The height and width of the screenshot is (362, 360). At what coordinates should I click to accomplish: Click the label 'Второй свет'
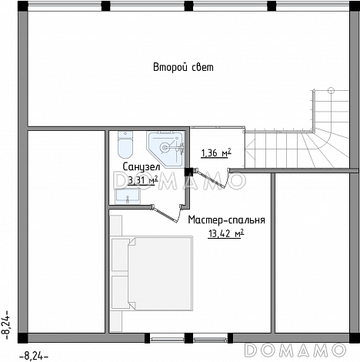click(x=183, y=67)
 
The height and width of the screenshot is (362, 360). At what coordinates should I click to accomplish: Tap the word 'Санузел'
click(x=142, y=167)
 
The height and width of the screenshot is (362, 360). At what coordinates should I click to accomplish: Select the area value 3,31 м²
click(x=142, y=181)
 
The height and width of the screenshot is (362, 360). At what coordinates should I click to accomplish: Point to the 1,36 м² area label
click(x=216, y=153)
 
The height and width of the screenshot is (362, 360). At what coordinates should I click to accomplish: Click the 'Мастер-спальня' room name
click(x=226, y=220)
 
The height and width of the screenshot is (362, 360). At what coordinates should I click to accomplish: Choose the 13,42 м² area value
click(x=225, y=234)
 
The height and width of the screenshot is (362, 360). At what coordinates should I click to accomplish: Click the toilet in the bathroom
click(x=125, y=145)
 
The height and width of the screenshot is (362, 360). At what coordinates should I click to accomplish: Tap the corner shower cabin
click(x=165, y=149)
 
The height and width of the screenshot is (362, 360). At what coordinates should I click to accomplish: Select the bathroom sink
click(x=128, y=196)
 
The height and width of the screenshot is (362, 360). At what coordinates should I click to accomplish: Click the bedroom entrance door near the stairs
click(x=212, y=178)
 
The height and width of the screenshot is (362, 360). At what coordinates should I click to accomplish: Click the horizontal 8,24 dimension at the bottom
click(x=34, y=356)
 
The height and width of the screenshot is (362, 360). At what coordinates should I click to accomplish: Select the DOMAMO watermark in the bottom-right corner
click(x=295, y=350)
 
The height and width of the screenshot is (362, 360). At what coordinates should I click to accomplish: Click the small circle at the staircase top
click(x=332, y=90)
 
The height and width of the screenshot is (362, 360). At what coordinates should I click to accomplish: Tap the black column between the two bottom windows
click(x=188, y=338)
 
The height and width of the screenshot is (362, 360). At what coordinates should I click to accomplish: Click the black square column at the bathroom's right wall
click(x=189, y=172)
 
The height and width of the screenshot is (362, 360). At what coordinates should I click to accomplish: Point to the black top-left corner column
click(x=23, y=6)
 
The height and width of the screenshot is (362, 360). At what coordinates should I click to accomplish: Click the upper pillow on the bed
click(x=121, y=254)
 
